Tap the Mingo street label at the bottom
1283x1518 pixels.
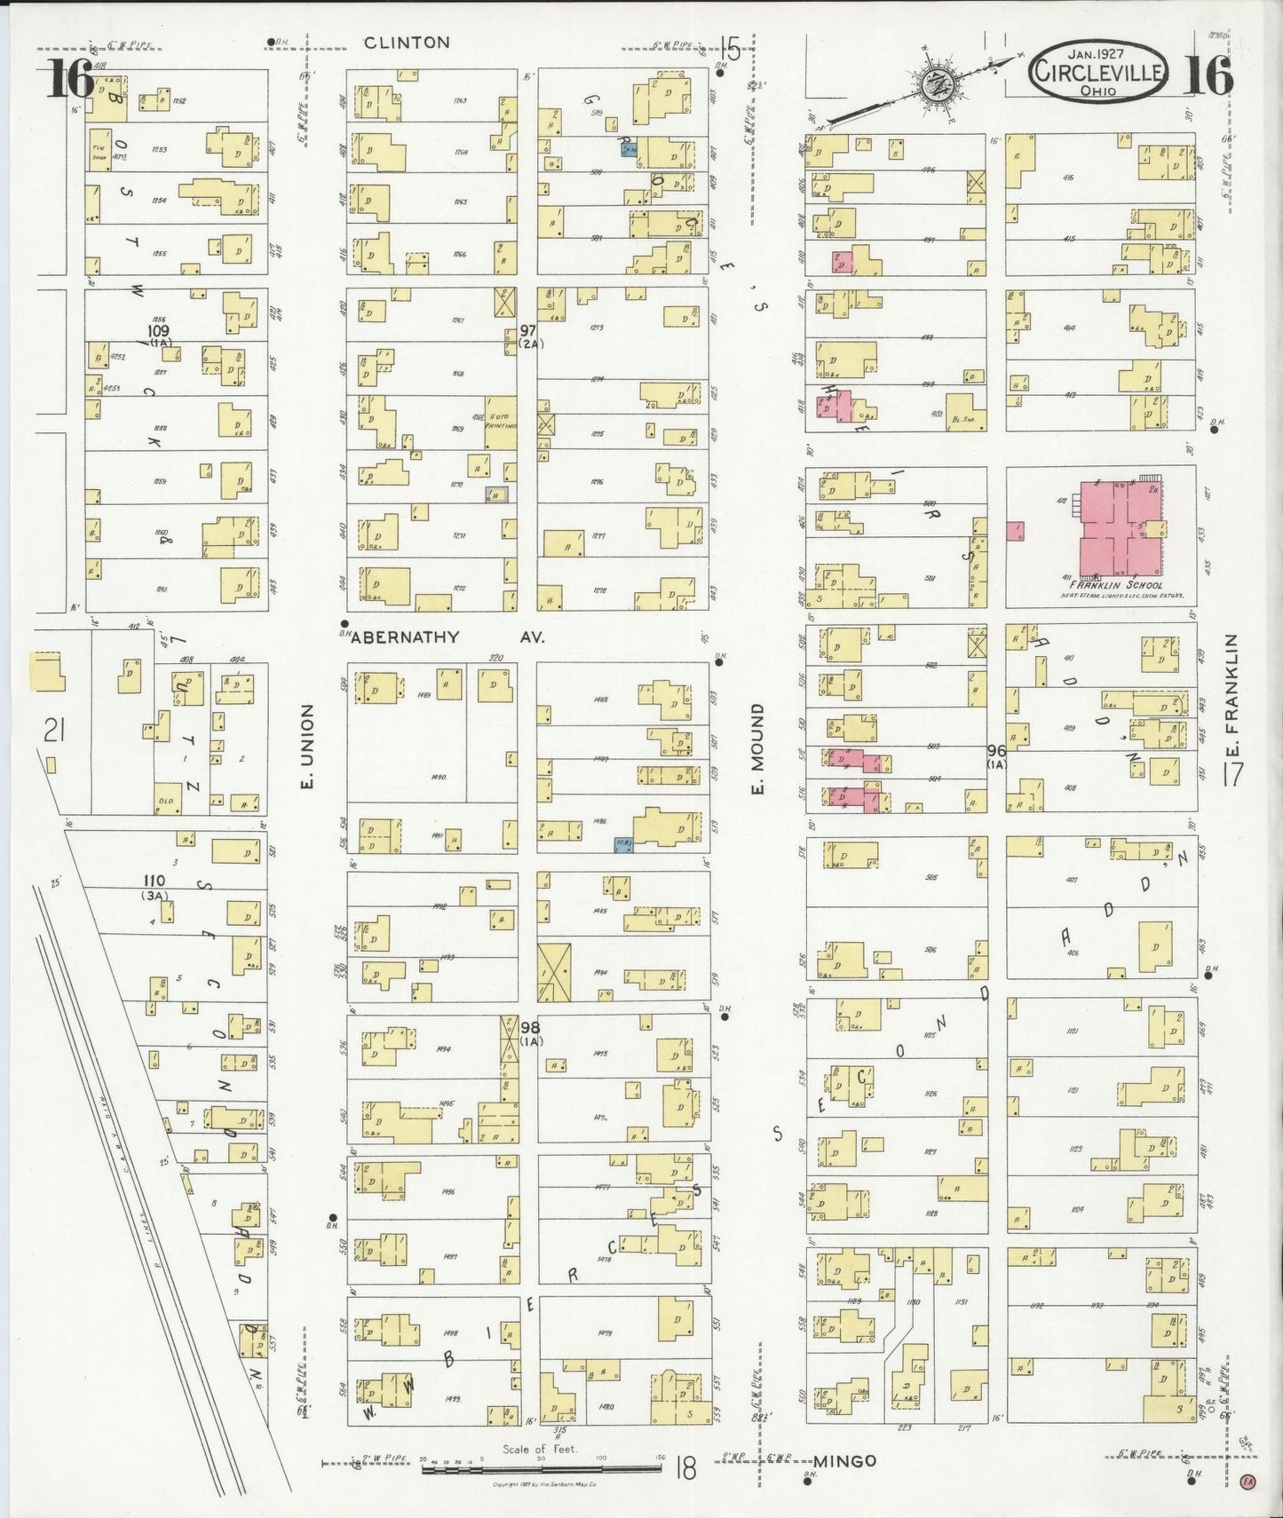pos(845,1460)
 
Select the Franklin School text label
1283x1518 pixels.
pos(1116,586)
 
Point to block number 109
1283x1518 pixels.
pos(159,331)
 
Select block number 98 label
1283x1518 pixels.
pos(531,1028)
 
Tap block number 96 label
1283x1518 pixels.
pos(996,750)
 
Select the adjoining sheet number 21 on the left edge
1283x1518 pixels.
pos(55,731)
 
